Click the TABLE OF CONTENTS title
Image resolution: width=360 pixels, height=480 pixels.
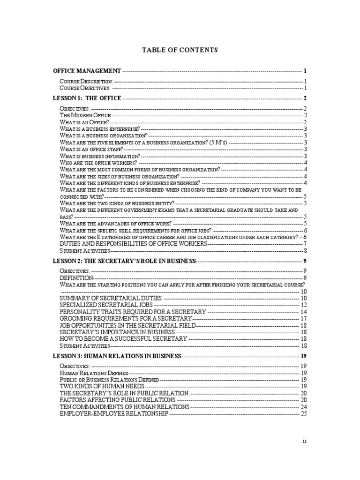[180, 50]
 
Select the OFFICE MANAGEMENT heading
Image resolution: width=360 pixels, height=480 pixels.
[87, 71]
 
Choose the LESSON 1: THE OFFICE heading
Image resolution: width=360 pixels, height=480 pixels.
[87, 98]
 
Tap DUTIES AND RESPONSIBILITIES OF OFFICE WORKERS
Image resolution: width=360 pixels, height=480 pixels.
[134, 244]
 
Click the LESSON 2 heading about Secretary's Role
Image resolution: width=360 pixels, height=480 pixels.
[124, 261]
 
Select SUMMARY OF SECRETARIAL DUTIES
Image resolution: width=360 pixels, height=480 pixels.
[111, 298]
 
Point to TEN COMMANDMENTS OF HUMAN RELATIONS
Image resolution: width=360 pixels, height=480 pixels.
[125, 407]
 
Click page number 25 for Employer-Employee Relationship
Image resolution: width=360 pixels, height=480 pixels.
[303, 413]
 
